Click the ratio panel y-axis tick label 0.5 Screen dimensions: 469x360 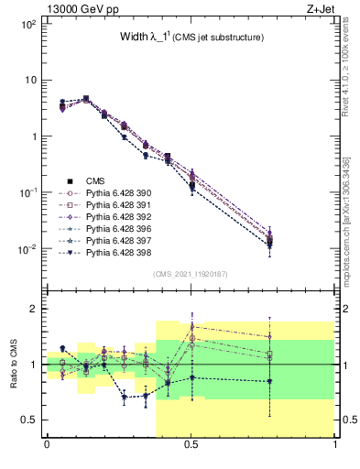point(27,420)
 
